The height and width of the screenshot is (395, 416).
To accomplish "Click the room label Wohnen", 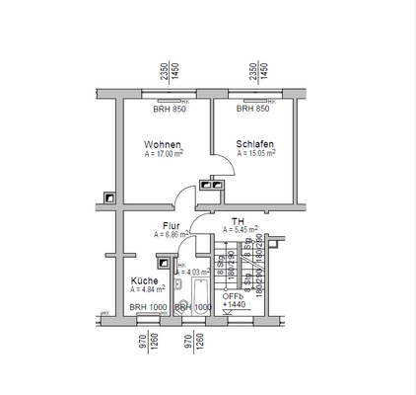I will tap(162, 144).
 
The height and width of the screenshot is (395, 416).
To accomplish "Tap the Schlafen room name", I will tap(254, 144).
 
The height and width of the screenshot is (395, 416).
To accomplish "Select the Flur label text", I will tap(171, 226).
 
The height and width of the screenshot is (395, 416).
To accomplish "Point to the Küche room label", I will tap(144, 281).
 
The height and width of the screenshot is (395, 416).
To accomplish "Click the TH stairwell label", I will tap(238, 221).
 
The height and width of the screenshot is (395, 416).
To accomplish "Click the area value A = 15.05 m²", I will tap(255, 154).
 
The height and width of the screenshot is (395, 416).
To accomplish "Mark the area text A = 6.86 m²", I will tap(171, 235).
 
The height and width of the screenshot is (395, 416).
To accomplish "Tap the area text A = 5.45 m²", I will tap(241, 229).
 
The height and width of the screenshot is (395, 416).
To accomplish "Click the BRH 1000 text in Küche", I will tap(148, 307).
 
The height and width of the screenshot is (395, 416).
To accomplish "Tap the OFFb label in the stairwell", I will tap(233, 295).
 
